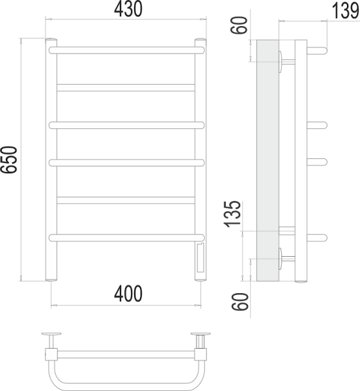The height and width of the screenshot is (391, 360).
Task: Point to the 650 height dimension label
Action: tap(9, 160)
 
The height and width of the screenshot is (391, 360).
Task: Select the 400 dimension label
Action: tap(128, 294)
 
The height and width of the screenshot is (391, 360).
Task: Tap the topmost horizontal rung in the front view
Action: tap(126, 50)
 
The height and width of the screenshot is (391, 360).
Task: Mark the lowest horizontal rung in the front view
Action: tap(126, 237)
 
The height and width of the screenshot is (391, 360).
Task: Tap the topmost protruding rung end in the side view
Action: tap(316, 50)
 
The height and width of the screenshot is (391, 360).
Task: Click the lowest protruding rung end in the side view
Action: tap(316, 237)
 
